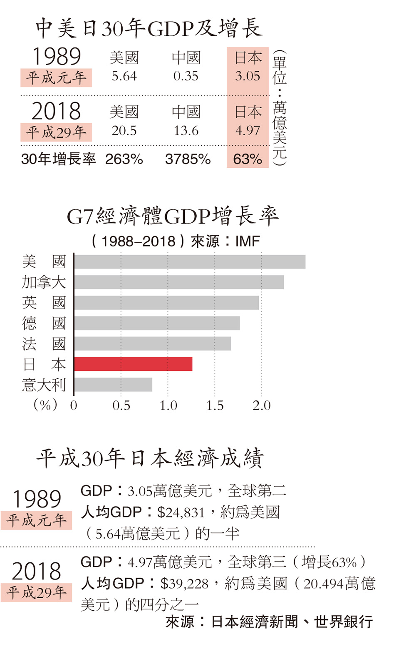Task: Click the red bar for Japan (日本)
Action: tap(133, 364)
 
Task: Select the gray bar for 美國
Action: tap(190, 262)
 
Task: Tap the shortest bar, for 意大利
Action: tap(113, 384)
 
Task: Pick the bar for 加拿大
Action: tap(179, 282)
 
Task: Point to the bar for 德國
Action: tap(157, 323)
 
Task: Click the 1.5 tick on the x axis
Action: tap(215, 405)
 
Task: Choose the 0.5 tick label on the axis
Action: tap(121, 405)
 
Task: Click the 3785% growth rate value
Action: tap(188, 159)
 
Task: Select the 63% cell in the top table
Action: tap(248, 159)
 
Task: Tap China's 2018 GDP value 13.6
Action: tap(186, 131)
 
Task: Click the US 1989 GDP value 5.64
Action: tap(124, 76)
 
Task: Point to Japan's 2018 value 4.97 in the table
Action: tap(248, 131)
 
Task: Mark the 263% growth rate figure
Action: tap(124, 159)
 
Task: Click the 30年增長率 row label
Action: tap(58, 159)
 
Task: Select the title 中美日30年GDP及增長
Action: tap(149, 28)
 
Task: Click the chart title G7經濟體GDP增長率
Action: tap(173, 216)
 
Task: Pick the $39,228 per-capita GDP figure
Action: tap(184, 584)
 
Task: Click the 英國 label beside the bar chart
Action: tap(44, 303)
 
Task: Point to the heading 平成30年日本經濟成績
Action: tap(150, 458)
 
